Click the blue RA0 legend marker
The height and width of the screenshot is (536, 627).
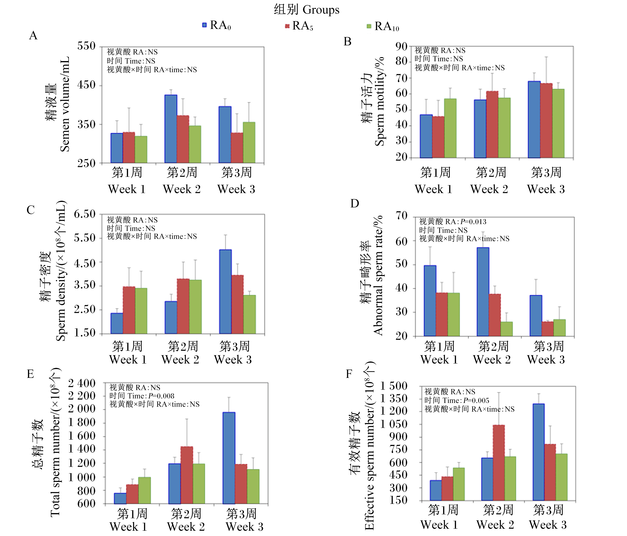pos(205,25)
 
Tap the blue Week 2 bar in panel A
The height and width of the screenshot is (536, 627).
pos(171,129)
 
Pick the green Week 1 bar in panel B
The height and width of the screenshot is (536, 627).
pos(450,128)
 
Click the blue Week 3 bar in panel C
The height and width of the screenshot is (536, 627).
pos(225,292)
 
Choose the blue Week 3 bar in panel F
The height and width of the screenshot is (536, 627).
pos(539,452)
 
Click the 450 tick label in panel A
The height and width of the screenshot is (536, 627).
pos(86,85)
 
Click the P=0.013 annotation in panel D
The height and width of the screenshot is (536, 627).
pos(473,222)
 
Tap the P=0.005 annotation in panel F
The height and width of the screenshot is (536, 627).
pos(476,400)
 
